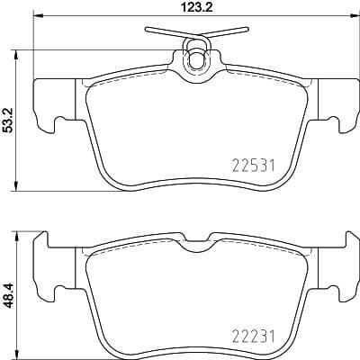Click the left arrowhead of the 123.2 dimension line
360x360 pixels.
coord(36,19)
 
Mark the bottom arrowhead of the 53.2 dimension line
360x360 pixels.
coord(19,188)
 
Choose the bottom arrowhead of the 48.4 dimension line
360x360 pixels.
coord(19,353)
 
